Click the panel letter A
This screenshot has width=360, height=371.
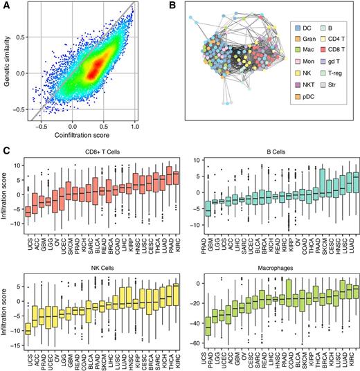[x=6, y=6]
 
